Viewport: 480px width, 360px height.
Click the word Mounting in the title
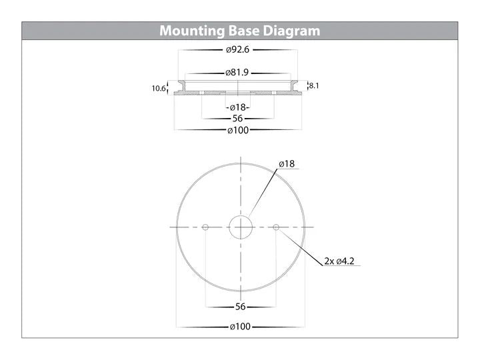(x=192, y=31)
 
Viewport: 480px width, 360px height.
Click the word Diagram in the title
(x=291, y=31)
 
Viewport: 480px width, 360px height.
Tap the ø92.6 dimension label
(x=237, y=49)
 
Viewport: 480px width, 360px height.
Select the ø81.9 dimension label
(x=237, y=73)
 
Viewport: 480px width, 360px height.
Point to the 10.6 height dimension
(x=158, y=89)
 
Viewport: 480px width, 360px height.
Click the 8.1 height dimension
(x=314, y=86)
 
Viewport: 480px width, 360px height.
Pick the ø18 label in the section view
(x=238, y=107)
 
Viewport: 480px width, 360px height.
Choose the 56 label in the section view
(x=237, y=119)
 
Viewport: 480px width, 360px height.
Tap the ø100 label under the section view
(x=238, y=131)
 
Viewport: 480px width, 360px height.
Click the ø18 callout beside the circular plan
(x=287, y=164)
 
